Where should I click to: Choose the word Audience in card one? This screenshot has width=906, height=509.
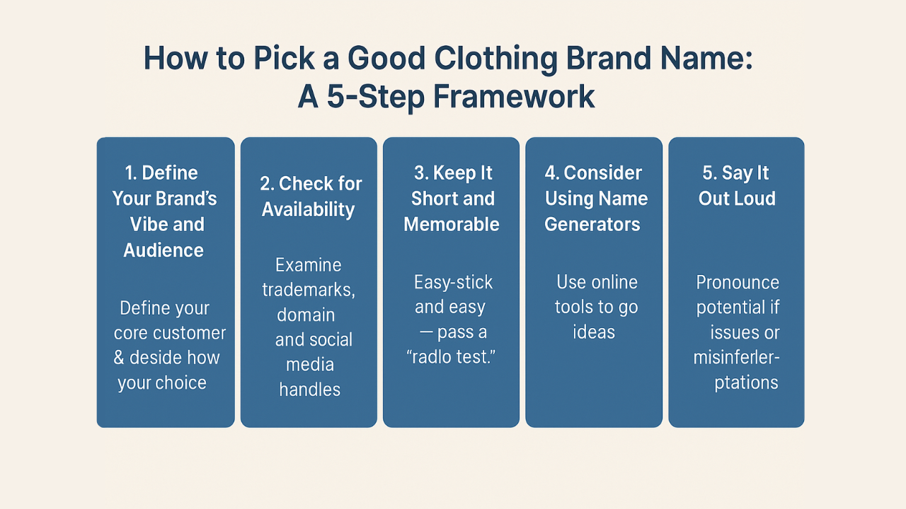click(x=164, y=250)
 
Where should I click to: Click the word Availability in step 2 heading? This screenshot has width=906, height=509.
click(x=308, y=209)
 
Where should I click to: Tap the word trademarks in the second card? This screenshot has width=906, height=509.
click(x=308, y=290)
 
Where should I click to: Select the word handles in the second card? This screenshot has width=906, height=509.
click(x=309, y=389)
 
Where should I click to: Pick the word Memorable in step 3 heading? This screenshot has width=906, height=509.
click(x=452, y=224)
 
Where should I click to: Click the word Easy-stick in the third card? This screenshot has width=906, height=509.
click(x=453, y=282)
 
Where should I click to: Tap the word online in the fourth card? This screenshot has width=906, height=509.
click(x=613, y=282)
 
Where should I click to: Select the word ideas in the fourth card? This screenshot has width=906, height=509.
click(x=594, y=332)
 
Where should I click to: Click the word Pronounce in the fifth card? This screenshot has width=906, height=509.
click(x=737, y=282)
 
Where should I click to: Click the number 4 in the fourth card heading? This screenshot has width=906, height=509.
click(x=551, y=173)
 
